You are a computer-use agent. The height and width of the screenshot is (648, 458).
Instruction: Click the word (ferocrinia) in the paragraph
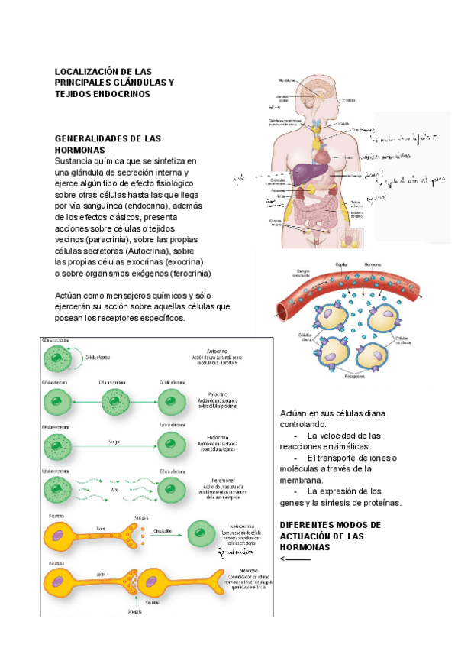click(185, 274)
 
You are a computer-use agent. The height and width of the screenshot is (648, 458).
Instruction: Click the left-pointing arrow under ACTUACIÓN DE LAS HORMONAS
click(296, 559)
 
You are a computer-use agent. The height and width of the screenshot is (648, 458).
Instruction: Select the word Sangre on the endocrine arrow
click(114, 442)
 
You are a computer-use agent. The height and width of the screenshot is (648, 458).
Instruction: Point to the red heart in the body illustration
click(324, 156)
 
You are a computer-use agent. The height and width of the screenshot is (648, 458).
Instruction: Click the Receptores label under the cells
click(354, 376)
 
